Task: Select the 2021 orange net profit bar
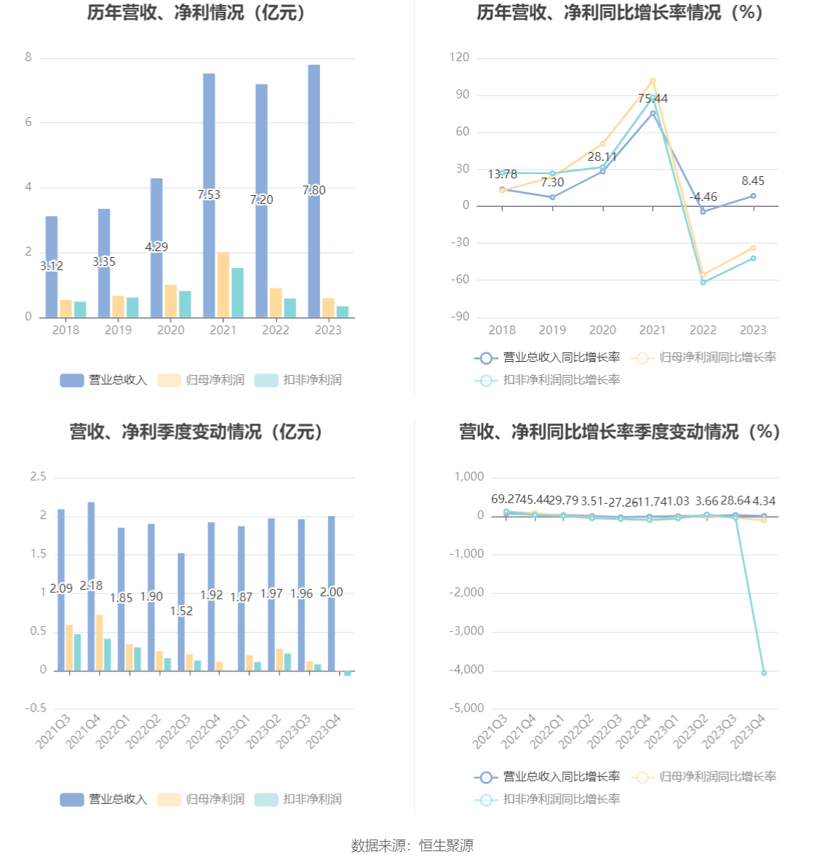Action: (223, 285)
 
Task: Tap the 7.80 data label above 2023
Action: (314, 190)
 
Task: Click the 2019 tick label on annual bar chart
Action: (118, 330)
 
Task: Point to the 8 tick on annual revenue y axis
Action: (28, 58)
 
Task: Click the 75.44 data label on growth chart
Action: (653, 98)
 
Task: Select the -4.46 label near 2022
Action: (704, 197)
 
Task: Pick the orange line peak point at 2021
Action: (653, 81)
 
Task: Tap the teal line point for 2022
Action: (703, 282)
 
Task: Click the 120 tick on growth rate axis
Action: (459, 58)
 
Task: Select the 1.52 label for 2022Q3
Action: (181, 611)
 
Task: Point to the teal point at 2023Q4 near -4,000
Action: (764, 673)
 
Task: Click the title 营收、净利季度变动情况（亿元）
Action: (197, 432)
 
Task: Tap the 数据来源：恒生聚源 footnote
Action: (412, 845)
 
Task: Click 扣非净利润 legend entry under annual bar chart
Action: (299, 380)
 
